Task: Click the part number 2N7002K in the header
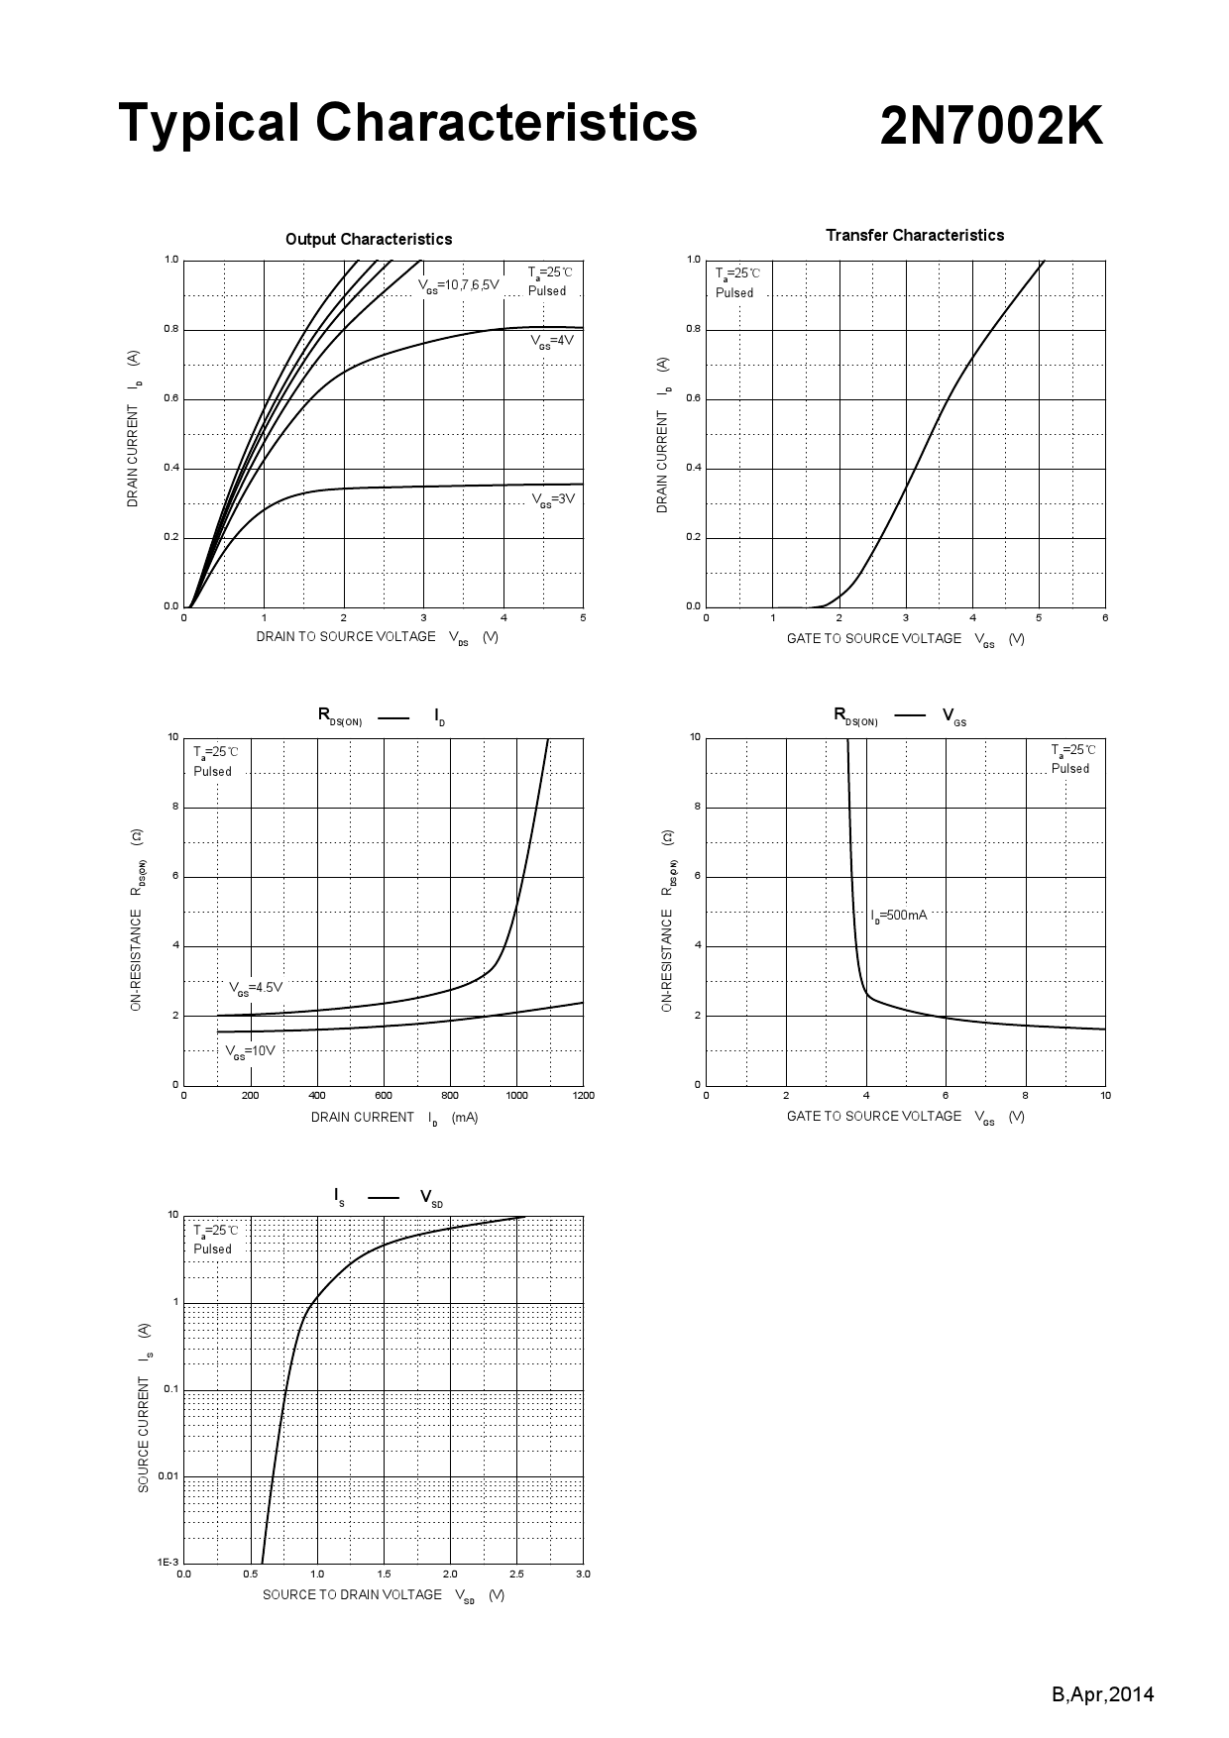point(990,128)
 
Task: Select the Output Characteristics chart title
point(368,239)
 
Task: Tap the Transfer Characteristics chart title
point(914,235)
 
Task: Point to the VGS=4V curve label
point(551,341)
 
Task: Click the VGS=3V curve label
point(552,499)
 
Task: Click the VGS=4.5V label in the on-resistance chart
point(256,988)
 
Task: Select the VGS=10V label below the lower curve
point(250,1051)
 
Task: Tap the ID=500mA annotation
point(899,916)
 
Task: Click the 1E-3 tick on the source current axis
point(168,1562)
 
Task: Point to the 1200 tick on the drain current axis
point(583,1095)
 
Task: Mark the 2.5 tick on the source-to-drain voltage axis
point(516,1574)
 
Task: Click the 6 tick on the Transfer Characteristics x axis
point(1105,617)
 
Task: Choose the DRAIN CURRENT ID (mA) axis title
point(393,1118)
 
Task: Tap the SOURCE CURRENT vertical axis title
point(144,1407)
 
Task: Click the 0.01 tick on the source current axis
point(168,1476)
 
